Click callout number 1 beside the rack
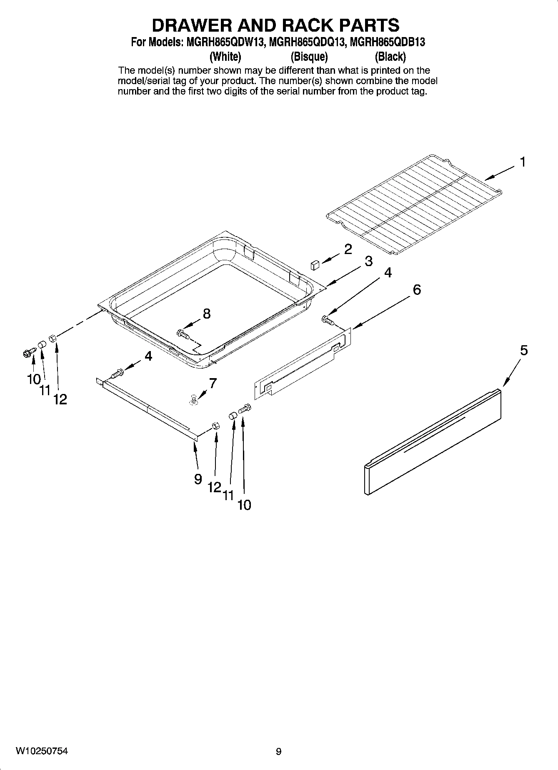click(522, 162)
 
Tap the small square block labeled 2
click(315, 264)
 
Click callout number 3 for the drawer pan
click(368, 262)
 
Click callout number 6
click(416, 289)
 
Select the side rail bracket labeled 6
click(303, 363)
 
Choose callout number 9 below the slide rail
click(198, 479)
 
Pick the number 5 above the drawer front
click(523, 351)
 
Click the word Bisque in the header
click(309, 56)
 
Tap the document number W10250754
click(42, 751)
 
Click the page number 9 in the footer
click(278, 752)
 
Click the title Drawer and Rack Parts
click(275, 25)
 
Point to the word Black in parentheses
click(390, 56)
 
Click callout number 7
click(213, 383)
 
